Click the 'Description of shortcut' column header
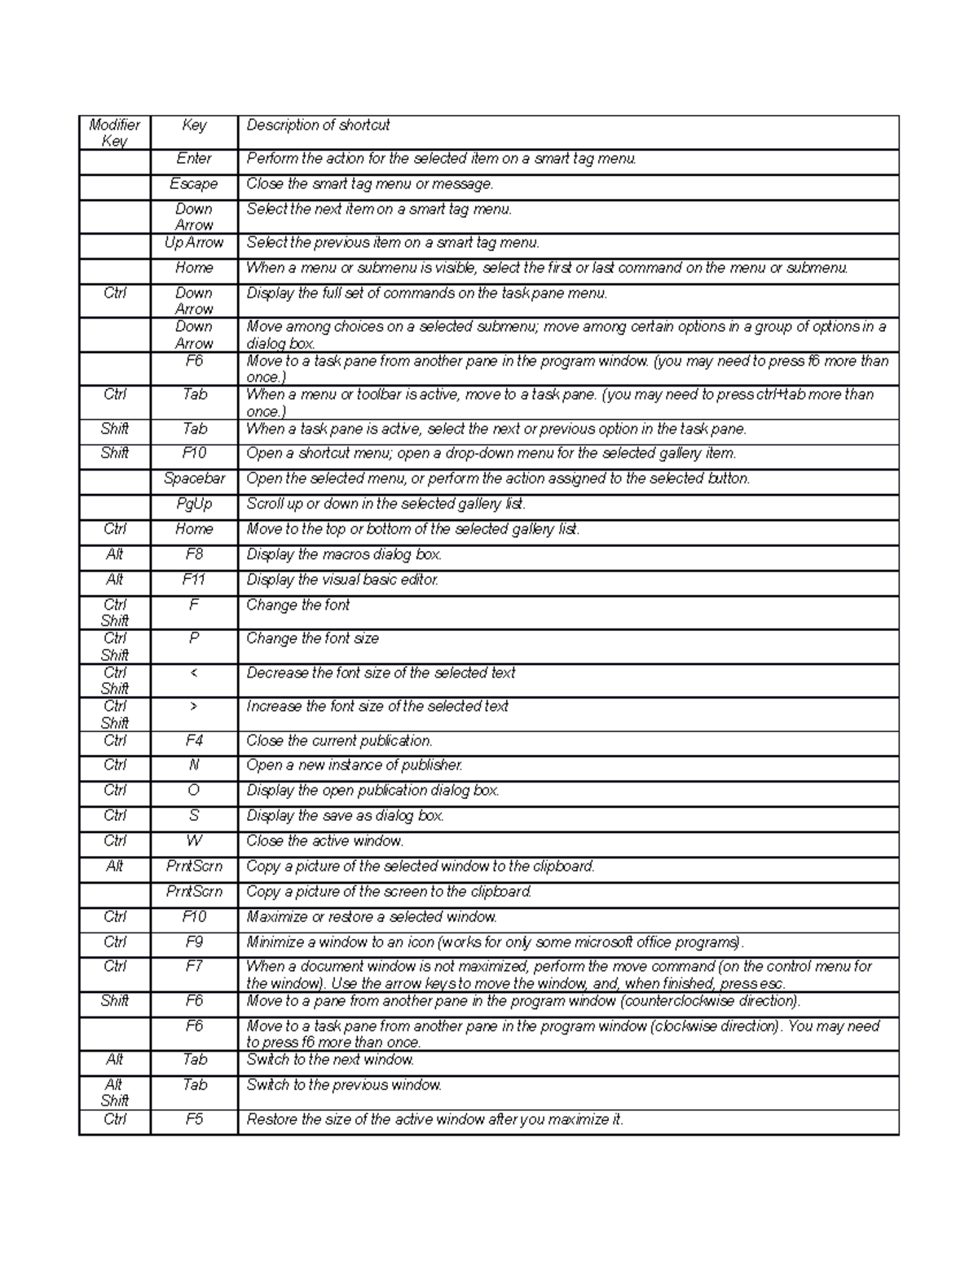[318, 126]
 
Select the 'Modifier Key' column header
[114, 133]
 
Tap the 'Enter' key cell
[194, 159]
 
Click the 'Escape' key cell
[194, 184]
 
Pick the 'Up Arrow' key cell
[194, 243]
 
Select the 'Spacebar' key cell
[194, 479]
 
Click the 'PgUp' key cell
[194, 504]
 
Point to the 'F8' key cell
[194, 554]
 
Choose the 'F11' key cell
[194, 580]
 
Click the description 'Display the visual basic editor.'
[342, 580]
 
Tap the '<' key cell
[194, 673]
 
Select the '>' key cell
[194, 706]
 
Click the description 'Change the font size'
[312, 639]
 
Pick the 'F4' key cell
[194, 741]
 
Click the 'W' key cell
[194, 840]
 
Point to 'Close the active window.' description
[325, 841]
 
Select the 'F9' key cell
[194, 942]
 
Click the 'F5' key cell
[194, 1119]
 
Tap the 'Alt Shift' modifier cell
[114, 1092]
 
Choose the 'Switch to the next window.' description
[330, 1060]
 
